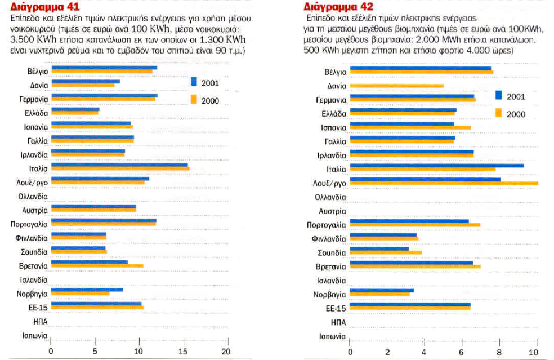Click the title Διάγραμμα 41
[41, 7]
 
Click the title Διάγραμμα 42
[333, 7]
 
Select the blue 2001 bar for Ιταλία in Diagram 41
[119, 165]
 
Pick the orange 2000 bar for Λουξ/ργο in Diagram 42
[444, 183]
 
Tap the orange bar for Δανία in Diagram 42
[396, 86]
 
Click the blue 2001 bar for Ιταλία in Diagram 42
[436, 165]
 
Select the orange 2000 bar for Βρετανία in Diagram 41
[97, 265]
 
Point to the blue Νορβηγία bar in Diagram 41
[87, 290]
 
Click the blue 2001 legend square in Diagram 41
[193, 82]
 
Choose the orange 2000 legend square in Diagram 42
[499, 113]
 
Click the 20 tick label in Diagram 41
[226, 350]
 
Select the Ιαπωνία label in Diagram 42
[332, 336]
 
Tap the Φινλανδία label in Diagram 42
[328, 238]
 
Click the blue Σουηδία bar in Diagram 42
[379, 248]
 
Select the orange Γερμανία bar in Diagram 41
[104, 99]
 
